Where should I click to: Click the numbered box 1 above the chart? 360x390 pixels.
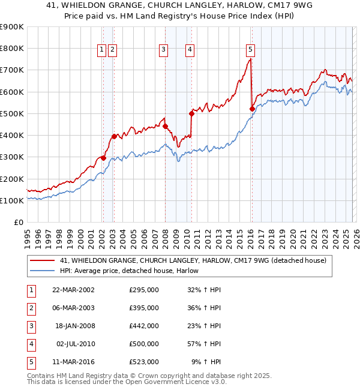point(102,50)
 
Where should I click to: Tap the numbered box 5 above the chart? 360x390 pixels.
point(250,50)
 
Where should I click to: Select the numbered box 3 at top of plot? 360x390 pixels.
point(163,50)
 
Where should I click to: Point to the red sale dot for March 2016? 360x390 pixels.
point(251,109)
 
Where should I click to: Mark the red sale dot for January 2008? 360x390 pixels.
point(166,126)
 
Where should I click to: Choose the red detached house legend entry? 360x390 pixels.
point(193,260)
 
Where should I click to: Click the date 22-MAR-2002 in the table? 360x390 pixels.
point(73,290)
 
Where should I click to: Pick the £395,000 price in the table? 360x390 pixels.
point(143,308)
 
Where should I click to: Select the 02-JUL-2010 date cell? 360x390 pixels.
point(75,344)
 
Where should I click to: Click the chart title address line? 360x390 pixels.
point(179,6)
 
